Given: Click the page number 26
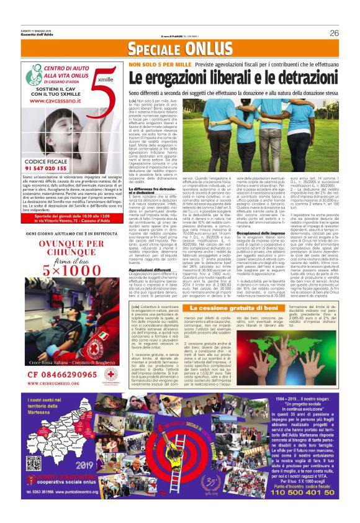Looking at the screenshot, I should pyautogui.click(x=334, y=33).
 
